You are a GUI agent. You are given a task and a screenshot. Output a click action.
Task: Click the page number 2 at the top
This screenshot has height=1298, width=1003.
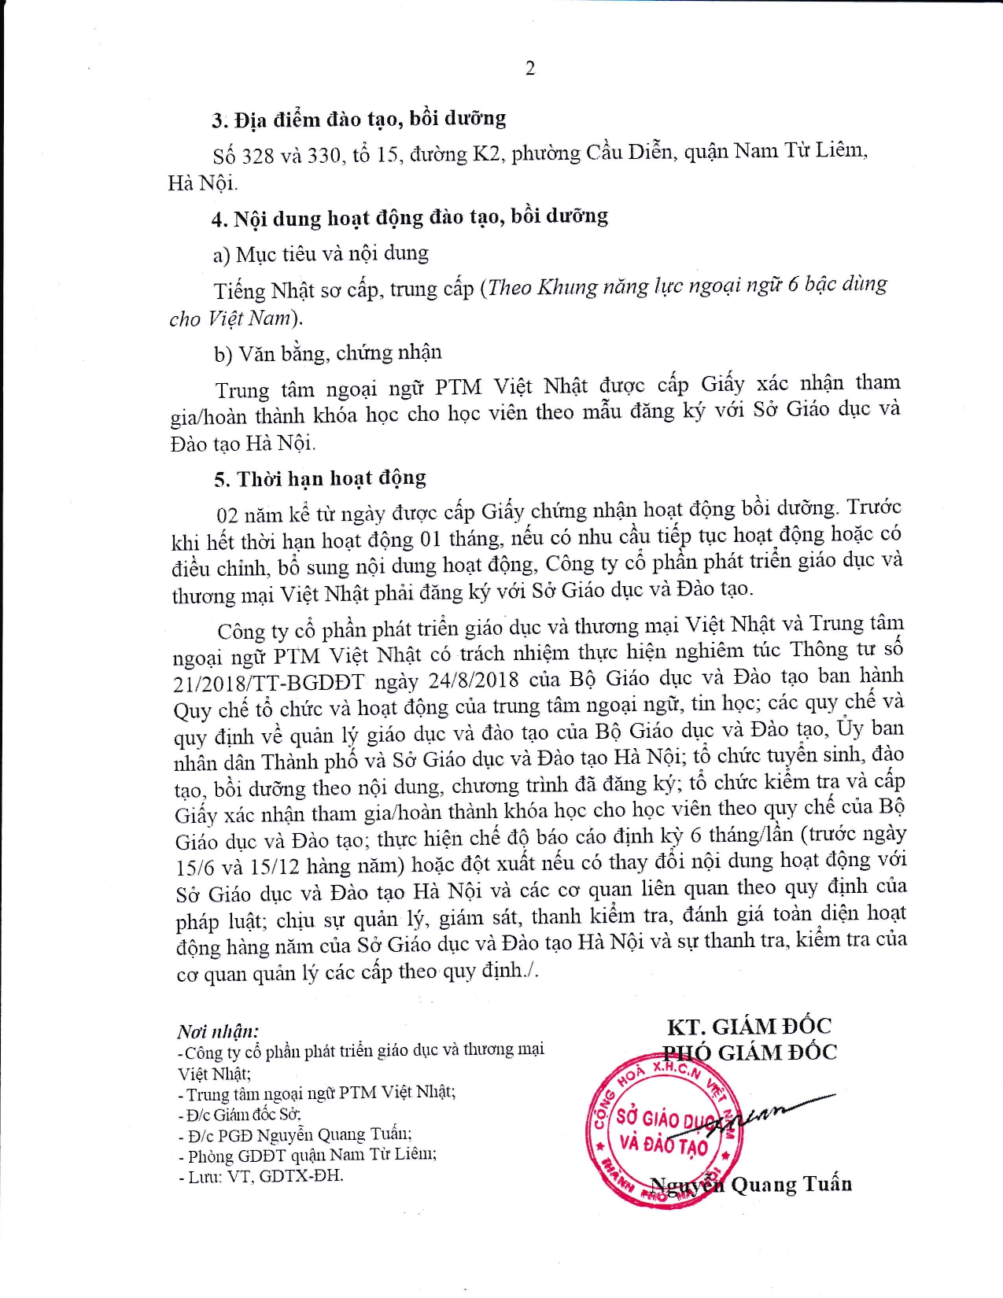(x=530, y=68)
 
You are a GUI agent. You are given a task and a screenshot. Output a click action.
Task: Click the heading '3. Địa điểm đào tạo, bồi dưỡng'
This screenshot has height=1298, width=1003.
(x=359, y=120)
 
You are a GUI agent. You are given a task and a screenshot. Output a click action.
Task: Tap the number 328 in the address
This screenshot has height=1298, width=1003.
(x=257, y=156)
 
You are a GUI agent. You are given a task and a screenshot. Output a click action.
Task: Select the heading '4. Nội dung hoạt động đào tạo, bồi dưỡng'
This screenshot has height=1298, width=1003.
(x=410, y=217)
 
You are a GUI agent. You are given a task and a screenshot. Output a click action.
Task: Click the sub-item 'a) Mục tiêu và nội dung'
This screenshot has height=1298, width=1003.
(x=321, y=254)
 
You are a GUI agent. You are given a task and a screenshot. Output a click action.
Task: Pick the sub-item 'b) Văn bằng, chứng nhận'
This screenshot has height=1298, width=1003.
(x=328, y=353)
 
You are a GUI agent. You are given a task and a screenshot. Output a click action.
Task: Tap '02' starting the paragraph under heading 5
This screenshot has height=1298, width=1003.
(x=227, y=516)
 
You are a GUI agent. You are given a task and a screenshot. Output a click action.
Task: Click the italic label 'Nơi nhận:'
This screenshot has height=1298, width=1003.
(x=218, y=1031)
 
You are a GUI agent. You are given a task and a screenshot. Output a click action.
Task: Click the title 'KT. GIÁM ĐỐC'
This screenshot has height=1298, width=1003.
(x=749, y=1027)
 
